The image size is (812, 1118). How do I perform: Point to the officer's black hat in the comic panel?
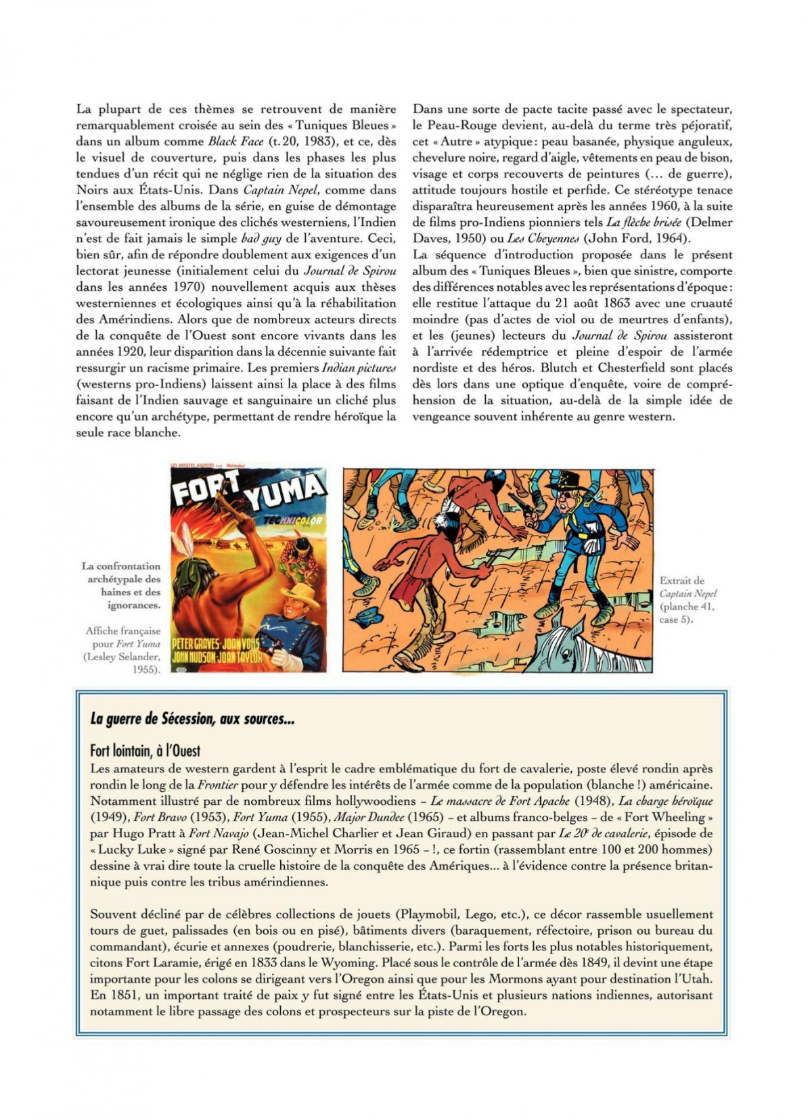tap(568, 481)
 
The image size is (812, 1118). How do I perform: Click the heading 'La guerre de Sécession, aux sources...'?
tap(192, 719)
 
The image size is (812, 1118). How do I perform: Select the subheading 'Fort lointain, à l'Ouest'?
tap(145, 751)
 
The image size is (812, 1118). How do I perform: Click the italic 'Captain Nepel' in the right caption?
tap(688, 593)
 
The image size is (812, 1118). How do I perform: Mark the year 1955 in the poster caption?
tap(146, 670)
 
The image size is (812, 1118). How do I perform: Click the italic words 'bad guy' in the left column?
tap(262, 238)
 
